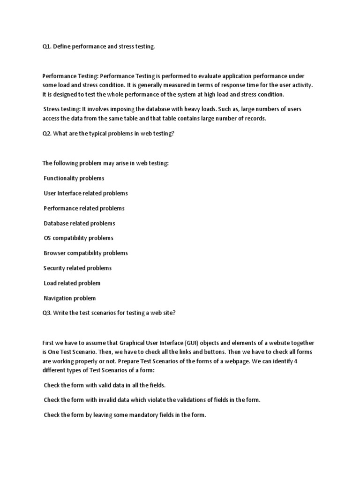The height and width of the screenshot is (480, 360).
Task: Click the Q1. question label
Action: (47, 47)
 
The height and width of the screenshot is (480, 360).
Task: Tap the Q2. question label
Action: (47, 134)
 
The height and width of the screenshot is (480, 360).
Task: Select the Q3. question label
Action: (47, 313)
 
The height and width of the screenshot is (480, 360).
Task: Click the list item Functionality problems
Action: (74, 178)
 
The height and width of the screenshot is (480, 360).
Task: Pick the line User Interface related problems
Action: (86, 193)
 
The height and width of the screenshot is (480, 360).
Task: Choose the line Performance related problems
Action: (84, 208)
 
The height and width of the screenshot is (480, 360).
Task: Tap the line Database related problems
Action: (79, 223)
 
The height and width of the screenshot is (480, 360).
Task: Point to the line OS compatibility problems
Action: (78, 238)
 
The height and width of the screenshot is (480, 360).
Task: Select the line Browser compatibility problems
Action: (86, 253)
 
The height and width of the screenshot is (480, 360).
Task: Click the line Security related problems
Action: (77, 268)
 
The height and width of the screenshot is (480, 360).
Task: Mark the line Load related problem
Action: (72, 283)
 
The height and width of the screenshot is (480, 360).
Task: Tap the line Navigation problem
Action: (69, 298)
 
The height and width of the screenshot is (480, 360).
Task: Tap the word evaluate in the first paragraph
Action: (217, 75)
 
